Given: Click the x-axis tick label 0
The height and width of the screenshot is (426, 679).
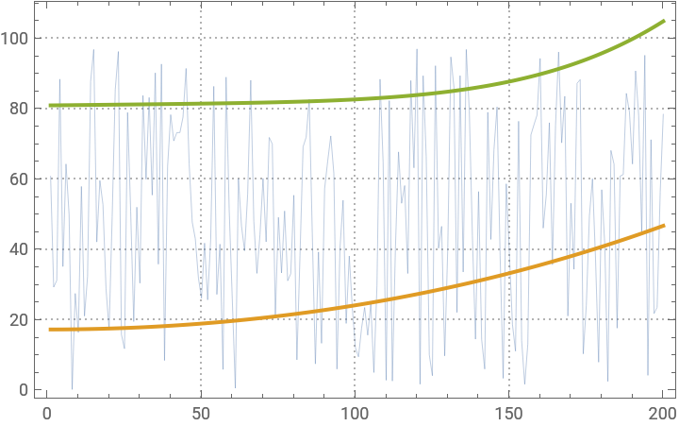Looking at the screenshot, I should click(x=47, y=413).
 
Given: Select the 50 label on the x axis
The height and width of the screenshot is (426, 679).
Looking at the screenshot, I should click(x=201, y=413).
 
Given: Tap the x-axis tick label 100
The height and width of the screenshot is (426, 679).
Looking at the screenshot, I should click(x=355, y=413).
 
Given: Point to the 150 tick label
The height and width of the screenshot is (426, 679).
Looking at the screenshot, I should click(x=508, y=413).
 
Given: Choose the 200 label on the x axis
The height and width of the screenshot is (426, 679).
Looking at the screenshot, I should click(x=662, y=413).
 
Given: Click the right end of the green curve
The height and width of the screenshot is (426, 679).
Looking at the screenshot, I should click(x=665, y=21).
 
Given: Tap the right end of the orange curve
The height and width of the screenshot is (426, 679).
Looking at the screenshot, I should click(x=665, y=226).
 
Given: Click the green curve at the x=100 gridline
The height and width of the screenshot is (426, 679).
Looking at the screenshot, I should click(x=355, y=98).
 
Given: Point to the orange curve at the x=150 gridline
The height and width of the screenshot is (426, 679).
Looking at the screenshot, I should click(x=508, y=273).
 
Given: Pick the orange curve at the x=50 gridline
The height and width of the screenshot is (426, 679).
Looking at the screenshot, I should click(x=201, y=322).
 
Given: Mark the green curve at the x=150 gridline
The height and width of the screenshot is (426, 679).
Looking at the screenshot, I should click(x=508, y=81).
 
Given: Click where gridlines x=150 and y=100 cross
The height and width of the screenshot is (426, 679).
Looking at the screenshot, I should click(x=508, y=38).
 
